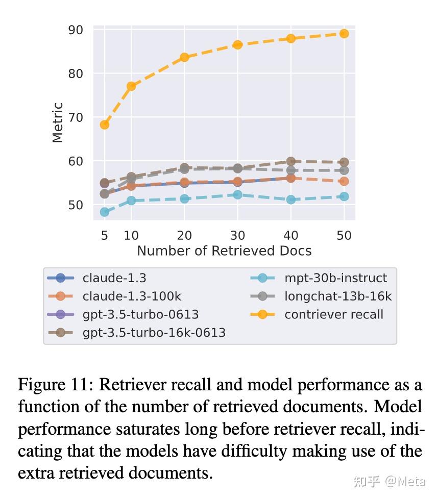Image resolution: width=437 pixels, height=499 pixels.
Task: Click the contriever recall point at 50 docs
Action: tap(344, 34)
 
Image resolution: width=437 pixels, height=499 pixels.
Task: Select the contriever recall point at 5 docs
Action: tap(105, 124)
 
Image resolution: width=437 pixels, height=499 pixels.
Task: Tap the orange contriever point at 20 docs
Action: tap(184, 57)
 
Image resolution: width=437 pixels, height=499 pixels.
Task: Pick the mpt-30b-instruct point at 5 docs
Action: tap(105, 212)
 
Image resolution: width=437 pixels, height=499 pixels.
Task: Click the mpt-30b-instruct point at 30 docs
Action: tap(237, 194)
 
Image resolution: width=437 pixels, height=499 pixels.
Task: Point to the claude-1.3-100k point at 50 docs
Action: tap(344, 181)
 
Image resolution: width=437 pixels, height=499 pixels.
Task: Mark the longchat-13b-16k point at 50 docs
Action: tap(344, 170)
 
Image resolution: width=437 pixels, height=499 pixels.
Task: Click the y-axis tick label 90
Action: tap(75, 30)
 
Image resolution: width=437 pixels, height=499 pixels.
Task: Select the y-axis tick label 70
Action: tap(75, 117)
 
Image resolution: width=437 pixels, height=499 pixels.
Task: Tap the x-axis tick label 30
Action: tap(237, 235)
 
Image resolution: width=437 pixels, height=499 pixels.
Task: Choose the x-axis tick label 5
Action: tap(105, 235)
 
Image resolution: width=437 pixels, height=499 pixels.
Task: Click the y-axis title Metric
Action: tap(58, 122)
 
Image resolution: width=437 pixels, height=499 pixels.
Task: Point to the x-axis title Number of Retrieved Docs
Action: tap(224, 251)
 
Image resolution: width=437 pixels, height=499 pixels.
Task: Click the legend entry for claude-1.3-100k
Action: tap(132, 296)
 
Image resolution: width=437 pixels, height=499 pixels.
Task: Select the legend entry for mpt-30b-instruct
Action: tap(335, 278)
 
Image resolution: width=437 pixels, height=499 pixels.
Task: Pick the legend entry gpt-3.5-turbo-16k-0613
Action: tap(154, 332)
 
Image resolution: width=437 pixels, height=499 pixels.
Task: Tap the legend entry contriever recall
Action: tap(333, 314)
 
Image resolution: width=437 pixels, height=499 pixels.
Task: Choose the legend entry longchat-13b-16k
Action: tap(338, 296)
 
